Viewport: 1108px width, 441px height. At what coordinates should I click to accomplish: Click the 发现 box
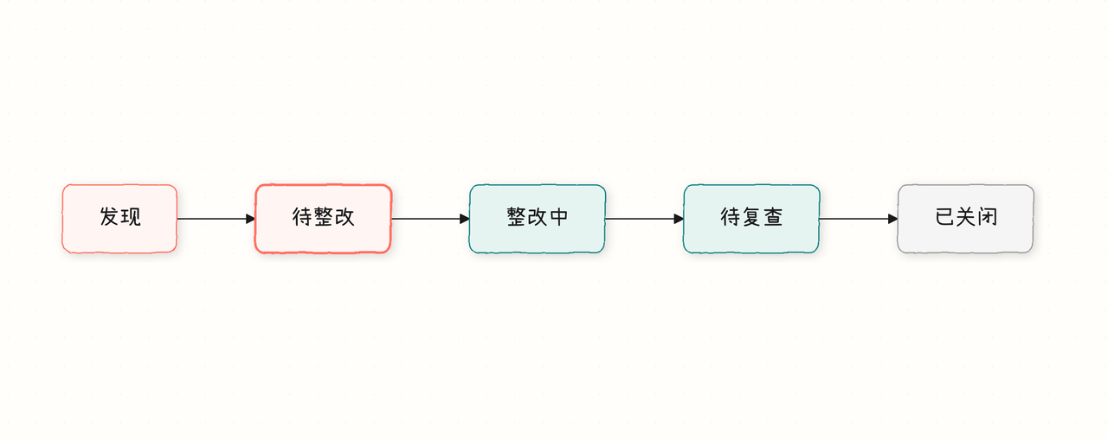point(119,219)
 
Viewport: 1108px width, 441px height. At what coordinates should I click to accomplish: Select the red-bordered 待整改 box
point(323,219)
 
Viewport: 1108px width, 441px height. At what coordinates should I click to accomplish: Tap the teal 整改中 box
point(538,219)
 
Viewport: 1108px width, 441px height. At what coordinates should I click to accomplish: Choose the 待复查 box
point(751,219)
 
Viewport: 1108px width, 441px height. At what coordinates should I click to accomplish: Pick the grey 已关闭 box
point(965,219)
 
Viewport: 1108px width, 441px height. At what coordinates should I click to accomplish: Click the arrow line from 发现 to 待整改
point(216,219)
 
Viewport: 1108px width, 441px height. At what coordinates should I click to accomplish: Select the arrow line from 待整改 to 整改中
point(430,219)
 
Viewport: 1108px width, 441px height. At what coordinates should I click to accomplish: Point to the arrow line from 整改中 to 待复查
point(645,219)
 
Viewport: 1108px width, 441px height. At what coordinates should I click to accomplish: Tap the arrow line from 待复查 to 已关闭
point(859,219)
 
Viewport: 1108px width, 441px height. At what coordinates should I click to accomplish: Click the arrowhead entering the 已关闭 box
point(892,219)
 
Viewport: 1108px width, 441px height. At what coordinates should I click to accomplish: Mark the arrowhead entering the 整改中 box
point(465,219)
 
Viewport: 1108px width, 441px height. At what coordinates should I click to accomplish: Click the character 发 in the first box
point(109,216)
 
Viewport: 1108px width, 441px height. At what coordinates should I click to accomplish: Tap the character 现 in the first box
point(131,216)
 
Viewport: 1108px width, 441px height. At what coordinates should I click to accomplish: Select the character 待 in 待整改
point(301,216)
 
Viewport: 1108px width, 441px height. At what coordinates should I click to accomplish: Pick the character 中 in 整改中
point(559,216)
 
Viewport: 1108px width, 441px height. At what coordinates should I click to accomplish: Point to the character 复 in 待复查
point(751,216)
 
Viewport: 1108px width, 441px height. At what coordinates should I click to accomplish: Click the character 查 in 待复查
point(773,216)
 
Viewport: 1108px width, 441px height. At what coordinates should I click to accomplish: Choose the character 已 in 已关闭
point(944,216)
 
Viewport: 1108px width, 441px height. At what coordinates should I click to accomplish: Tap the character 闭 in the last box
point(988,216)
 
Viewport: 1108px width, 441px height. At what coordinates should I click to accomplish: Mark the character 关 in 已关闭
point(965,216)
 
